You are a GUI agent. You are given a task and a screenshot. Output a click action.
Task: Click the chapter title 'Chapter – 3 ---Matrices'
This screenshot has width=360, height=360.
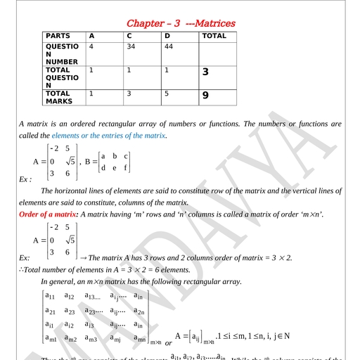tap(181, 23)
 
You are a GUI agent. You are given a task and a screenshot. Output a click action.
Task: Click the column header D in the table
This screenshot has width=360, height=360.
tap(167, 35)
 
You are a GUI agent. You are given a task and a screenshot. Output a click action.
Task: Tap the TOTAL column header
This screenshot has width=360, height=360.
tap(214, 35)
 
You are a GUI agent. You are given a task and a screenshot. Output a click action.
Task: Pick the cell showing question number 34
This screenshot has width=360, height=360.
tap(131, 46)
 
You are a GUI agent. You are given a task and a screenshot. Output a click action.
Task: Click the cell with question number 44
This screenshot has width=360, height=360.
tap(169, 46)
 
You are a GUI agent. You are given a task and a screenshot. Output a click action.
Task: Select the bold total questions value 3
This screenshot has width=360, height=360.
tap(205, 72)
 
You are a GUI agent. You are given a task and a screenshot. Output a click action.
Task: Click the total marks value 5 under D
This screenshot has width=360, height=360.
tap(167, 93)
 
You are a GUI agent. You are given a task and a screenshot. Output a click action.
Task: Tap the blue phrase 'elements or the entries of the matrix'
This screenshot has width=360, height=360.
tap(109, 135)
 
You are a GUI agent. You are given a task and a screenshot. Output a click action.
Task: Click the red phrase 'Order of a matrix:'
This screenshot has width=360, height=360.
tap(49, 213)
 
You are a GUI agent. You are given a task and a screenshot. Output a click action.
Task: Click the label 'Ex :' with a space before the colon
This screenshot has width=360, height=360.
tap(25, 179)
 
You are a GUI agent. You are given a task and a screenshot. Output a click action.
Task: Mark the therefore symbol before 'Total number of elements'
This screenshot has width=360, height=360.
tap(20, 270)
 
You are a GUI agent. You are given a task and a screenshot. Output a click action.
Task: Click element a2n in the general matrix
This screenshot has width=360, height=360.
tap(140, 311)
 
